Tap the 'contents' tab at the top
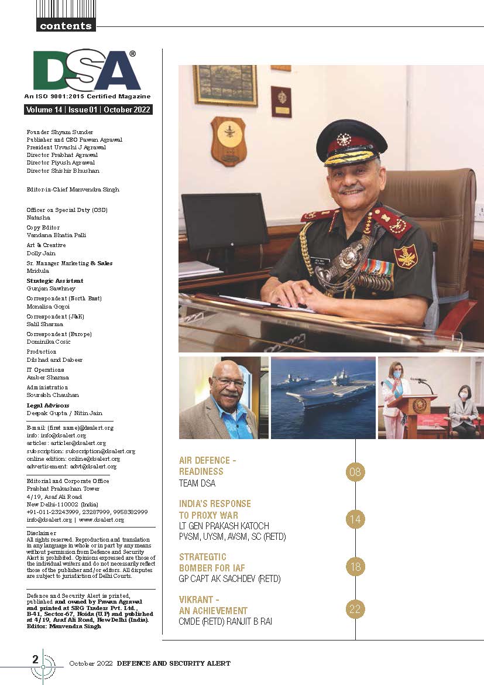tap(66, 25)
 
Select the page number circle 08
tap(355, 471)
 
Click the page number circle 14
tap(355, 519)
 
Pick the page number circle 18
tap(355, 567)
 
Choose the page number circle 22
tap(355, 609)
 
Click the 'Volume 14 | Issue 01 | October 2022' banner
tap(88, 109)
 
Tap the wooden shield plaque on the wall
tap(228, 141)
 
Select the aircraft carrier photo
tap(323, 398)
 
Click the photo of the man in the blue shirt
tap(223, 398)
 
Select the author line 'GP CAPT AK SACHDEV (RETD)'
tap(229, 579)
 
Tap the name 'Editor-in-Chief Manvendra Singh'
tap(73, 189)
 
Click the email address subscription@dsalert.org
tap(100, 451)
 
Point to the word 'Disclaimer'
tap(42, 533)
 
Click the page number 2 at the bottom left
tap(36, 659)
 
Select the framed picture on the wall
tap(225, 85)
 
